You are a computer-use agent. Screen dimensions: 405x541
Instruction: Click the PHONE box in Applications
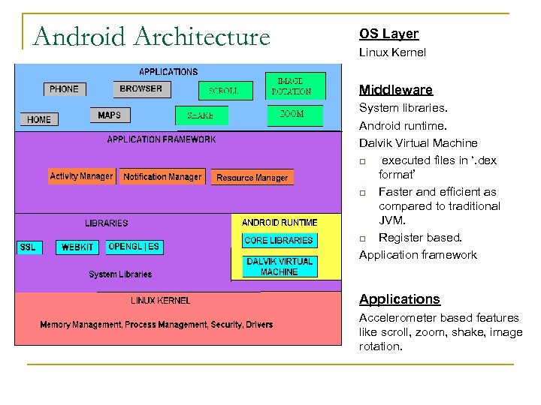click(x=64, y=89)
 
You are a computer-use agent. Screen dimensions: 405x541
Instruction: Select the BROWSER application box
click(x=141, y=88)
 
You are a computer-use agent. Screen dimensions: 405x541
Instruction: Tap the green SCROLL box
click(x=223, y=91)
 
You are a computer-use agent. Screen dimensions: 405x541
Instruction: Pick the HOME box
click(x=39, y=119)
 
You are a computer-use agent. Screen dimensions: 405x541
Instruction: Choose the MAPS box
click(x=109, y=115)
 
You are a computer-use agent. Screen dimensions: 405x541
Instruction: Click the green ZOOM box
click(x=292, y=115)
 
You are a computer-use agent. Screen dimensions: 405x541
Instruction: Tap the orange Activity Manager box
click(x=81, y=177)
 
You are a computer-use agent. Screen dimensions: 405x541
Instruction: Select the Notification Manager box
click(x=162, y=177)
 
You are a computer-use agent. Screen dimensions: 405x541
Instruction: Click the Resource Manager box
click(x=252, y=178)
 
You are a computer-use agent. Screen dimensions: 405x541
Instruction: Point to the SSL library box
click(x=28, y=247)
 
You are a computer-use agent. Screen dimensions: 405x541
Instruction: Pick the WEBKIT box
click(x=77, y=247)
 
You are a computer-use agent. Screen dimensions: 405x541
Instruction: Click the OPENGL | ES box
click(x=134, y=246)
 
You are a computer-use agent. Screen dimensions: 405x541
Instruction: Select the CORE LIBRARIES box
click(x=278, y=241)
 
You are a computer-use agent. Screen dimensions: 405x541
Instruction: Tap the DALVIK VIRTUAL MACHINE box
click(x=280, y=267)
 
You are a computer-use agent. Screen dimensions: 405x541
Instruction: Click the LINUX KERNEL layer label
click(x=160, y=301)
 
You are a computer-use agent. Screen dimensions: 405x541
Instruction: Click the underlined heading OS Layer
click(x=388, y=34)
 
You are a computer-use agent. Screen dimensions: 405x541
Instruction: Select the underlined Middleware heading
click(x=395, y=90)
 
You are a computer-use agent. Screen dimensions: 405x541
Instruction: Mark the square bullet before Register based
click(x=363, y=238)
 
